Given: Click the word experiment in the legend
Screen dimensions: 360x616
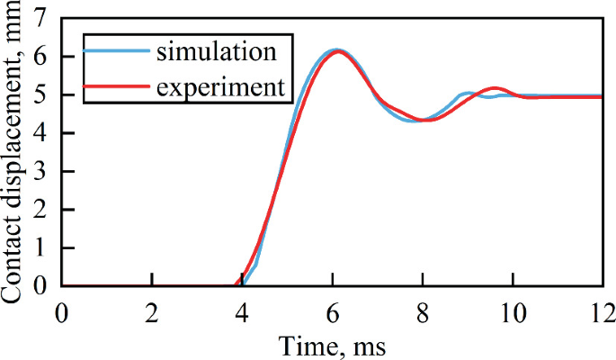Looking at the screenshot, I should [220, 87].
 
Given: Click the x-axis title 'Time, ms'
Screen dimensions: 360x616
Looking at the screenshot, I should [332, 344].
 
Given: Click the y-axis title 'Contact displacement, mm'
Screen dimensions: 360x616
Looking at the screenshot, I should [13, 153].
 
